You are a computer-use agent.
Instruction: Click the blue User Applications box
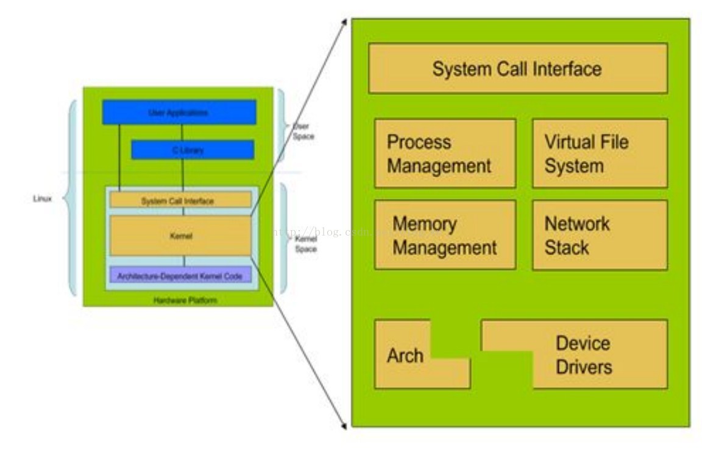click(x=179, y=113)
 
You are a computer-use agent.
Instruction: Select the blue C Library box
click(x=193, y=150)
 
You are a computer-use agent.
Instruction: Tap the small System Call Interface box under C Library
click(x=180, y=200)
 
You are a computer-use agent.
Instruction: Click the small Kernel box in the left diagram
click(x=180, y=236)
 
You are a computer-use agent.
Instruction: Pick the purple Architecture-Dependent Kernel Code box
click(x=180, y=276)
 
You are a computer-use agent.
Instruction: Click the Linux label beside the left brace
click(x=42, y=198)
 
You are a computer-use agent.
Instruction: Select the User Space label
click(x=303, y=131)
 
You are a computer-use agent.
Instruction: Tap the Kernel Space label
click(x=305, y=244)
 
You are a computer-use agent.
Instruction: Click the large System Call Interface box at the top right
click(x=517, y=68)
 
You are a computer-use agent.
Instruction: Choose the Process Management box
click(x=444, y=153)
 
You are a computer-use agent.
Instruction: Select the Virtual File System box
click(x=599, y=153)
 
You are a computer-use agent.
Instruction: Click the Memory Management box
click(x=444, y=235)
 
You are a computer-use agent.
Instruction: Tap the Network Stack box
click(x=599, y=235)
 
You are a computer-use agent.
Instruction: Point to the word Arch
click(x=405, y=355)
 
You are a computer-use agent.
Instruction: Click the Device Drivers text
click(x=583, y=355)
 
